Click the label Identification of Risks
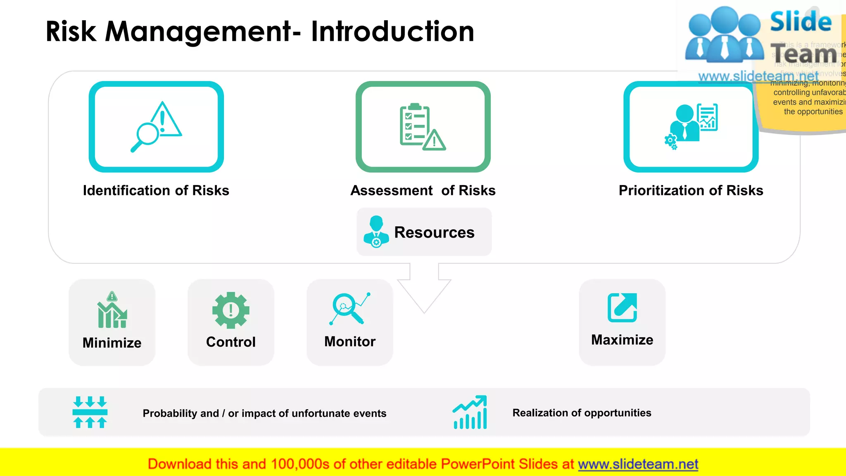pos(156,190)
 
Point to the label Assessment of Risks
pos(423,190)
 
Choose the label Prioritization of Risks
pos(691,190)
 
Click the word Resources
pos(434,233)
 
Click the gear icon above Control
pos(231,310)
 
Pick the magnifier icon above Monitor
pos(349,309)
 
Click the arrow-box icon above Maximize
pos(622,307)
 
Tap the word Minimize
pos(112,343)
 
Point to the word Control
pos(231,342)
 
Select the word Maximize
pos(622,340)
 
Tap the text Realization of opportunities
pos(582,413)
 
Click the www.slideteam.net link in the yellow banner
pos(638,464)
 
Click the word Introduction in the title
pos(392,31)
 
